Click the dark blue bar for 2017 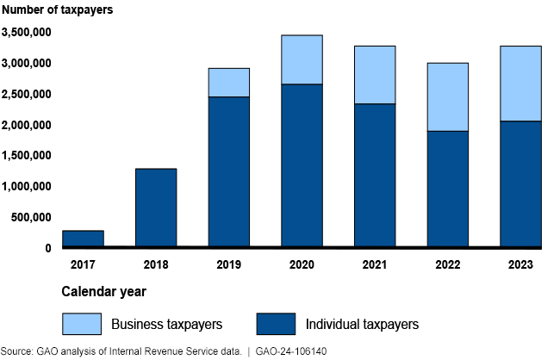[83, 239]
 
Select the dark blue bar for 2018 [155, 208]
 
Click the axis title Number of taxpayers [56, 10]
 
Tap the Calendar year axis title [103, 292]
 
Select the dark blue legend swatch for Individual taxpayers [277, 324]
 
